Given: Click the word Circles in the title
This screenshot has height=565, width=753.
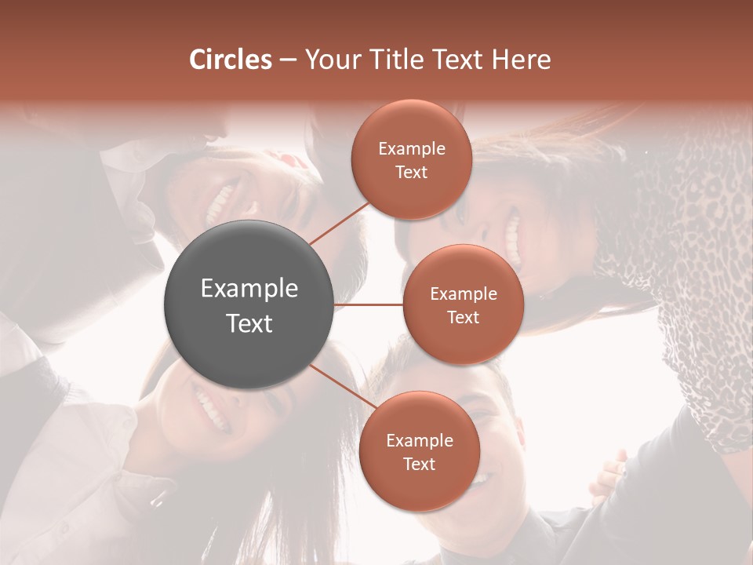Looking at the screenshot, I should coord(231,60).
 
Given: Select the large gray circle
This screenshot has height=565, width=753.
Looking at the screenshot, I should coord(249,304).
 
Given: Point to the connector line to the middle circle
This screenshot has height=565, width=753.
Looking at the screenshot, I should coord(369,304).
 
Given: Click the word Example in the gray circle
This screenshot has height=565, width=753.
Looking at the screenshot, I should coord(249,289).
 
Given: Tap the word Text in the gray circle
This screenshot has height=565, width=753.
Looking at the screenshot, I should coord(249,323).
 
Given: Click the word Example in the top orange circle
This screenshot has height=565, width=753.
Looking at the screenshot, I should coord(412,149).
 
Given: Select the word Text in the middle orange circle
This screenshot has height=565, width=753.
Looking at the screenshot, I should coord(463,318).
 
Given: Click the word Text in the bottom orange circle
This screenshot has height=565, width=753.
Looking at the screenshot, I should coord(420,465).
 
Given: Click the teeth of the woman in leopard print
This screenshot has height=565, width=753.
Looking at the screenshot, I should coord(513,235).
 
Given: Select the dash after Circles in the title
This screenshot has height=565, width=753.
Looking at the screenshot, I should coord(288,60).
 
